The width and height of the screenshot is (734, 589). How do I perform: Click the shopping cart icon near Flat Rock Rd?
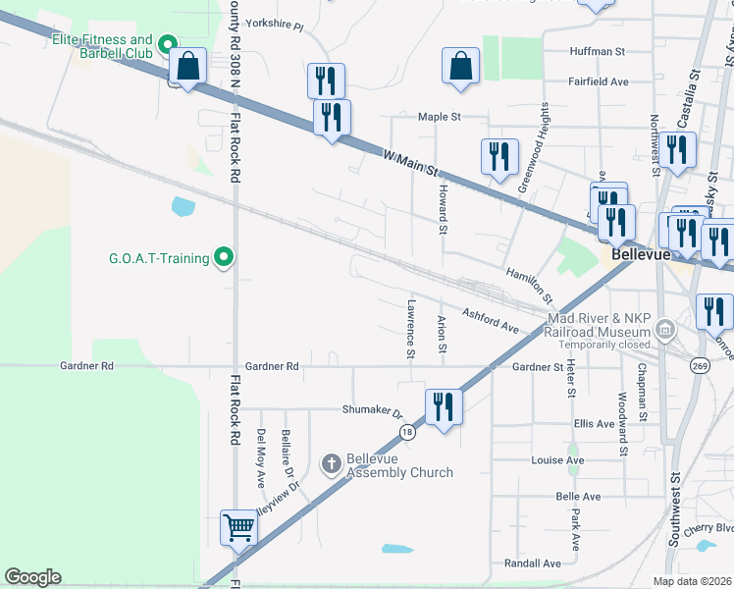click(x=238, y=528)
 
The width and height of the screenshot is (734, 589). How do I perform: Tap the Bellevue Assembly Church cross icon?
click(x=332, y=462)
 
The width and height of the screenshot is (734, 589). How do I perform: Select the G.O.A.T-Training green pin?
click(x=224, y=258)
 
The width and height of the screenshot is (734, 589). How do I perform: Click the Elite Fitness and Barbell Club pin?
click(x=167, y=43)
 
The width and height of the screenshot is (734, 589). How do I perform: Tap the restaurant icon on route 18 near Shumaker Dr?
click(x=444, y=406)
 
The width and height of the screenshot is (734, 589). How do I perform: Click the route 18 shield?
click(x=408, y=432)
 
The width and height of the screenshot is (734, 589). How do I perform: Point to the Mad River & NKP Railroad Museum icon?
click(x=665, y=327)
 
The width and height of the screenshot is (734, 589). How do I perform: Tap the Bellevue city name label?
click(x=640, y=253)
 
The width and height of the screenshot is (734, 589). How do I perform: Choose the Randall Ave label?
click(x=532, y=563)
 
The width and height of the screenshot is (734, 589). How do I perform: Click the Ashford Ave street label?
click(x=490, y=319)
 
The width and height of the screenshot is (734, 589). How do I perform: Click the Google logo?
click(x=33, y=577)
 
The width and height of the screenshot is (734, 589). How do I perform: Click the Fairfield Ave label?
click(x=598, y=82)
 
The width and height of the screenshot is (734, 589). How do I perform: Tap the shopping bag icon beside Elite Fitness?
click(x=187, y=67)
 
